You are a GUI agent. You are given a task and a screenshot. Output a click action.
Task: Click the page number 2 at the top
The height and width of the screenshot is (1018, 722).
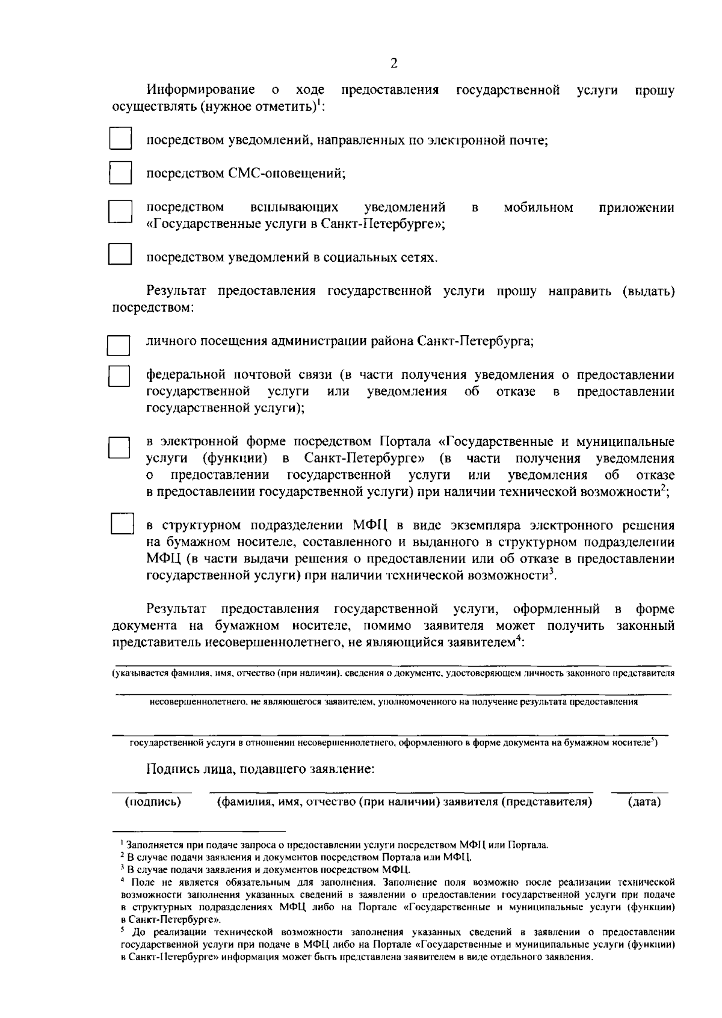click(394, 63)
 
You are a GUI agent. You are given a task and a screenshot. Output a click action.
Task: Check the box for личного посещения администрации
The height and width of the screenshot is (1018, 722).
click(119, 345)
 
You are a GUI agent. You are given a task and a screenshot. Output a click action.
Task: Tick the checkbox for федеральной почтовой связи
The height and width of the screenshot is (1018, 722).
click(119, 376)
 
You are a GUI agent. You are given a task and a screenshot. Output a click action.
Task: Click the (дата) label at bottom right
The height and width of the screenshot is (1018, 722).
click(644, 801)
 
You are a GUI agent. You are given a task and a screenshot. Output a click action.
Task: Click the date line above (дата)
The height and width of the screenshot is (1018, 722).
click(640, 792)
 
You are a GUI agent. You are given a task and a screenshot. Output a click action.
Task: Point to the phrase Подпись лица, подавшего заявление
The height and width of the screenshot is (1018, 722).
click(261, 768)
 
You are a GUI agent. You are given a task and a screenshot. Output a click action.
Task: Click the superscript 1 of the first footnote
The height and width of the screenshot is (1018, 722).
click(121, 843)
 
